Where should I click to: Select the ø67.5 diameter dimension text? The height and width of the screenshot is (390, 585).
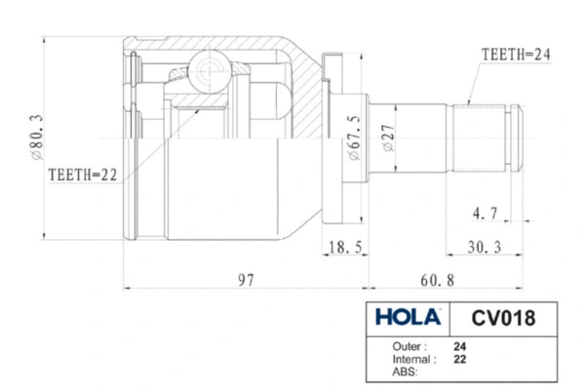click(353, 137)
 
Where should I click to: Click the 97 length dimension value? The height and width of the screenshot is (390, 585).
click(246, 280)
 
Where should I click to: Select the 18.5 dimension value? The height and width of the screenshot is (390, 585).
click(344, 248)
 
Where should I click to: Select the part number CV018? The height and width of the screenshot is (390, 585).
click(501, 317)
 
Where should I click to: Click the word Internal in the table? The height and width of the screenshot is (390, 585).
click(411, 359)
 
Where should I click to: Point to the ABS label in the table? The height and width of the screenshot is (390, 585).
click(402, 371)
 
